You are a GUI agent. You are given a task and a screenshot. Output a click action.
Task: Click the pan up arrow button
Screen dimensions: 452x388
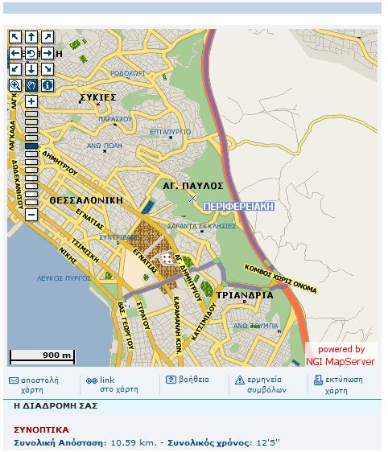31,37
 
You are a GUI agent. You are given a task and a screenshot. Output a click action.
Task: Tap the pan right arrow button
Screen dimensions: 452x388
47,53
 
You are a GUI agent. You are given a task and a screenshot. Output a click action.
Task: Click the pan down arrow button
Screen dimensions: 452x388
31,68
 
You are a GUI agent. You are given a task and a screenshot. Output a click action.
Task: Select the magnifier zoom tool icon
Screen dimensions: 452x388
15,84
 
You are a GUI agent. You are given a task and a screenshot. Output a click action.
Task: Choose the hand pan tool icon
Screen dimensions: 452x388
31,84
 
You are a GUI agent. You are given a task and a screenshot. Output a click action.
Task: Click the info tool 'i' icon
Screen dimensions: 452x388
47,84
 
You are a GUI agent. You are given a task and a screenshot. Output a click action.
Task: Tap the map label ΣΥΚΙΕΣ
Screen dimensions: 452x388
98,97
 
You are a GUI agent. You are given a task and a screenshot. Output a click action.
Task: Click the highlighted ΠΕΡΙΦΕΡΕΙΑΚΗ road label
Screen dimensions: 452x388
238,207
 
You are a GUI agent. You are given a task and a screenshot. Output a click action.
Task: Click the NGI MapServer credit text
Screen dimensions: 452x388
341,361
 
